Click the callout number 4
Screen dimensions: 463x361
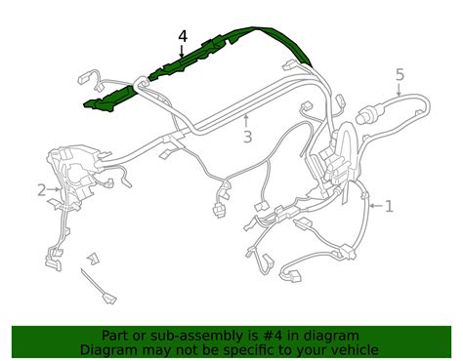click(x=183, y=36)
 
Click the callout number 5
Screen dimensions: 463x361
click(x=400, y=74)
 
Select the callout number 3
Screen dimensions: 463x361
click(x=247, y=137)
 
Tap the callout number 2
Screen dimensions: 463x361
click(x=42, y=190)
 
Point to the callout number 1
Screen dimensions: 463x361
click(x=389, y=206)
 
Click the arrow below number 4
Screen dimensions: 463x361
click(x=182, y=52)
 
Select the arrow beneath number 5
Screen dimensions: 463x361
click(x=400, y=89)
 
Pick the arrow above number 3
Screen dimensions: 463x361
click(x=246, y=121)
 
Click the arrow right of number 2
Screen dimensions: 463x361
click(x=54, y=189)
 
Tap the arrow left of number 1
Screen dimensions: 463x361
click(x=376, y=206)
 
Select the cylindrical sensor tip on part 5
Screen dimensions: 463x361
click(x=363, y=118)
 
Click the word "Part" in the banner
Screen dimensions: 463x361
click(x=113, y=336)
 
